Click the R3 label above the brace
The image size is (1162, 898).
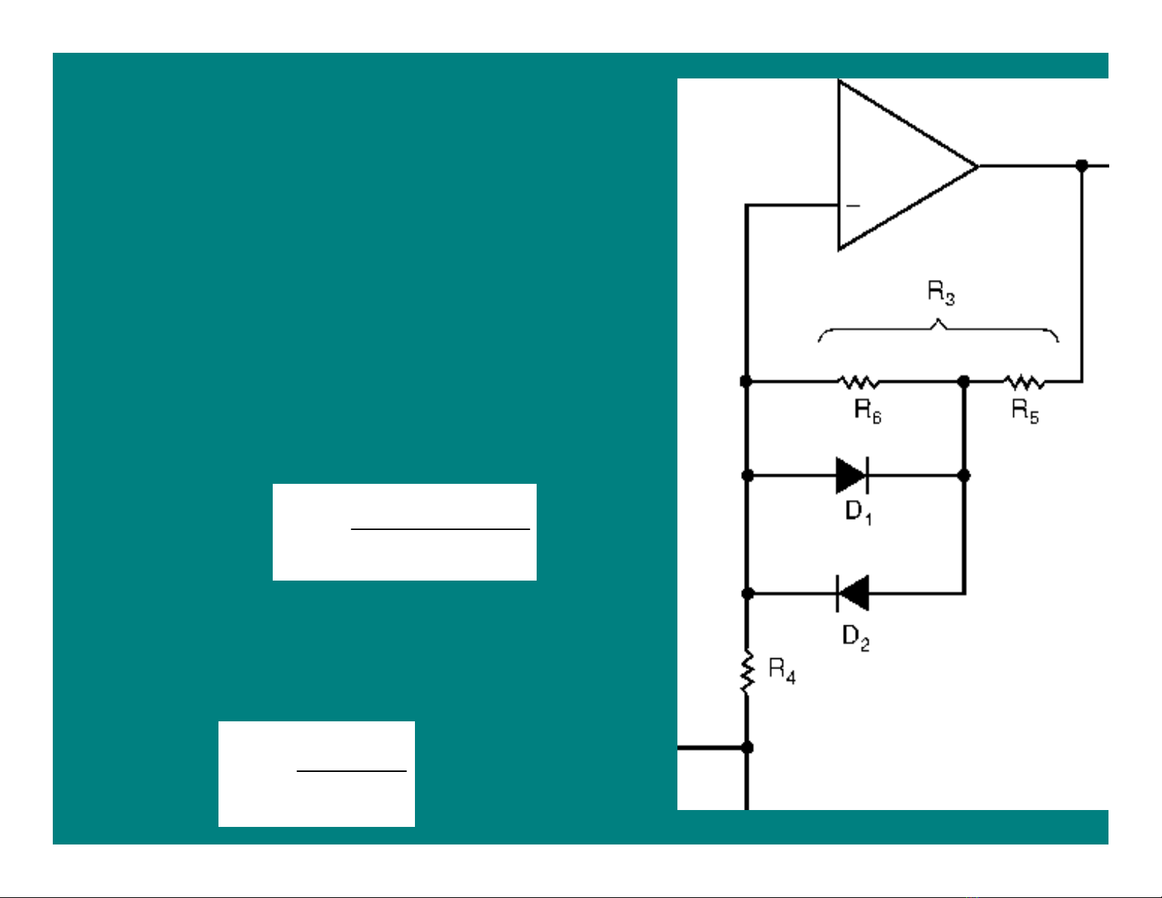click(941, 293)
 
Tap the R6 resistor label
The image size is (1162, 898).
click(868, 411)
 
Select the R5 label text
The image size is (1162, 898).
click(1025, 411)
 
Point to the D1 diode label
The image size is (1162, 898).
click(858, 512)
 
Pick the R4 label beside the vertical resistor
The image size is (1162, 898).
click(782, 671)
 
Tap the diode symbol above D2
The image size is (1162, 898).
click(853, 593)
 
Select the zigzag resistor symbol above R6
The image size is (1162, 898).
click(858, 382)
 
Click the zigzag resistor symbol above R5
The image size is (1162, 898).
click(1023, 382)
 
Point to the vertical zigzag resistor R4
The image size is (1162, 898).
click(747, 672)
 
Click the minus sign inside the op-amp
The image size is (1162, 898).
click(853, 206)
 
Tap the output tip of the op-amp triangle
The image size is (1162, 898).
click(978, 166)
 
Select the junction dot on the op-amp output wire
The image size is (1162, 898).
click(1082, 166)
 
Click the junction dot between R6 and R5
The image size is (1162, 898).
click(963, 382)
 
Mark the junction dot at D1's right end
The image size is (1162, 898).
click(963, 475)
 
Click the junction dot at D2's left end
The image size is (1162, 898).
click(748, 593)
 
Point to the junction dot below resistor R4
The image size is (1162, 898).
click(747, 748)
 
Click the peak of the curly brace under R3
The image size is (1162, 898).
click(938, 320)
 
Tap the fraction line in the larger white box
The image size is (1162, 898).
click(440, 529)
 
